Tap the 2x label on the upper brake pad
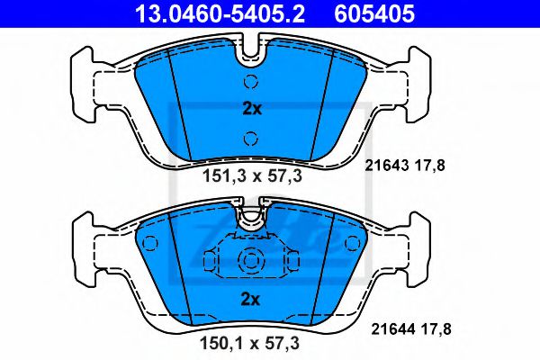(251, 110)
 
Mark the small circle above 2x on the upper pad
(251, 82)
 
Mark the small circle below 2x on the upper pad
(251, 138)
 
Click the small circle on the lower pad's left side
(151, 242)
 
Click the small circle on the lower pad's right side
(352, 242)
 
